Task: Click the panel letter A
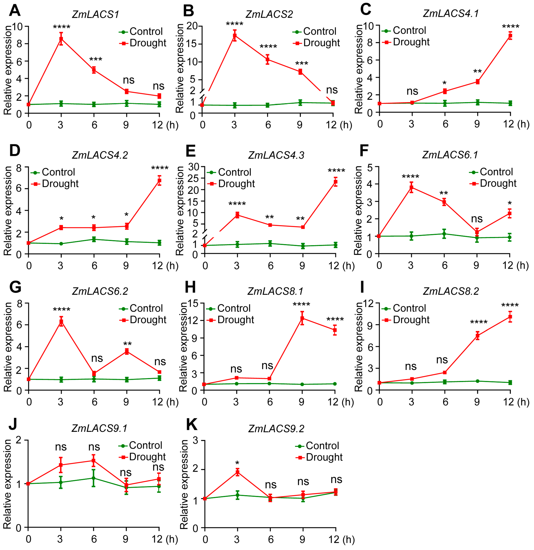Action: (15, 11)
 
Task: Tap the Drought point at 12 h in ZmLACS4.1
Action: (511, 35)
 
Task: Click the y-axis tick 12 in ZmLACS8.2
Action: (369, 303)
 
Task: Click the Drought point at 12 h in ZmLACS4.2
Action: (159, 181)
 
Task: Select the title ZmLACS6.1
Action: (450, 155)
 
